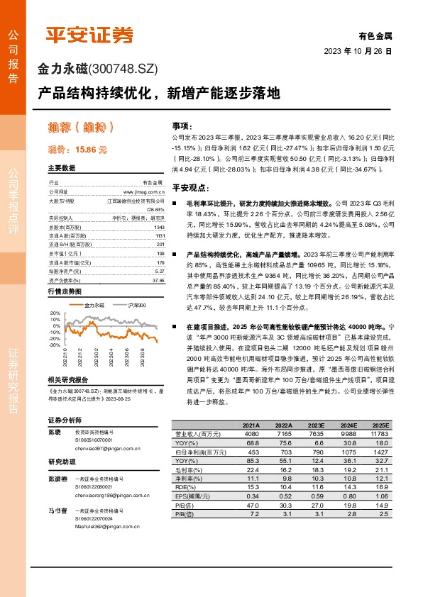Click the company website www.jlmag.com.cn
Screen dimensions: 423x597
click(145, 191)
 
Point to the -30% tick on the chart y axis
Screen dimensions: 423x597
click(54, 345)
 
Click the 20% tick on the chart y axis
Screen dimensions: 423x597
click(55, 312)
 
